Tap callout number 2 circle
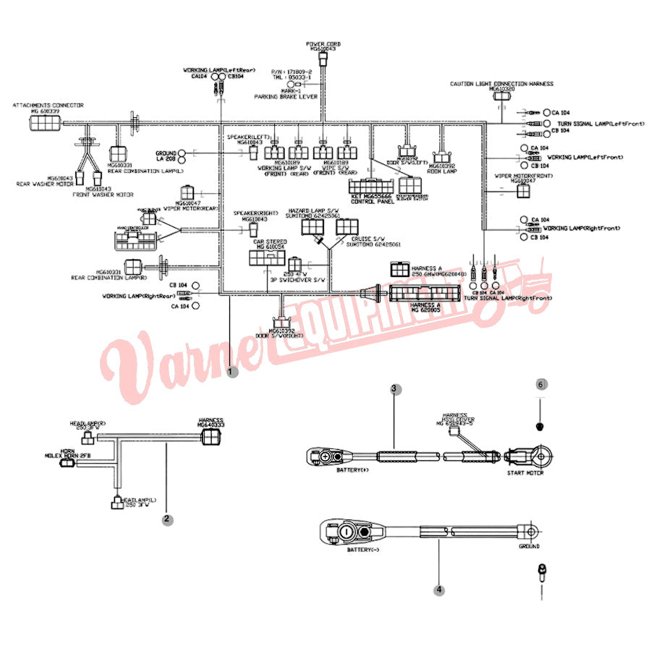click(x=167, y=518)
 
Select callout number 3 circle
click(x=395, y=388)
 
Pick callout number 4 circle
click(x=439, y=590)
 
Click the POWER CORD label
click(x=323, y=44)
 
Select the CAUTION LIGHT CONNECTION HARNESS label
click(x=501, y=84)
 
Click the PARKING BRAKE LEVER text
click(x=286, y=96)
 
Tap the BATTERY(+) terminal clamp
click(x=325, y=456)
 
